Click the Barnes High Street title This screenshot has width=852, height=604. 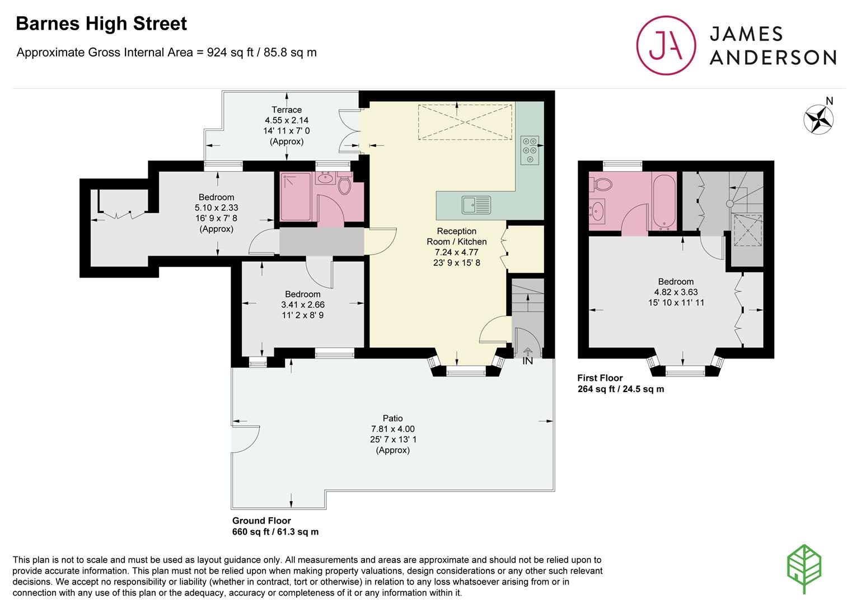pyautogui.click(x=101, y=23)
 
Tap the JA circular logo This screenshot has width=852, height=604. pyautogui.click(x=666, y=45)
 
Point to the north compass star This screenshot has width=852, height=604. pyautogui.click(x=818, y=119)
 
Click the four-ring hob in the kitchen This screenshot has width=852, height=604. pyautogui.click(x=530, y=150)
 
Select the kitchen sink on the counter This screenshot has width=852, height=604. pyautogui.click(x=476, y=205)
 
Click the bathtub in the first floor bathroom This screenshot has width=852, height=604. pyautogui.click(x=664, y=201)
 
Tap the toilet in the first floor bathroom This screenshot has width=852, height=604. pyautogui.click(x=601, y=185)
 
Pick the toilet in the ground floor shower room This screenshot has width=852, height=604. pyautogui.click(x=345, y=185)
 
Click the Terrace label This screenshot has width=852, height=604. pyautogui.click(x=287, y=110)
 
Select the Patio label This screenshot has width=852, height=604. pyautogui.click(x=392, y=418)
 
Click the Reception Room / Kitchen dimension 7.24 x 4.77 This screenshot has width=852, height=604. pyautogui.click(x=456, y=252)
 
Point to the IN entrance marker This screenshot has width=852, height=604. pyautogui.click(x=527, y=360)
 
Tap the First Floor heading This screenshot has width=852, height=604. pyautogui.click(x=600, y=378)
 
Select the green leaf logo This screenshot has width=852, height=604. pyautogui.click(x=804, y=568)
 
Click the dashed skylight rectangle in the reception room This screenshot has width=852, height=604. pyautogui.click(x=465, y=122)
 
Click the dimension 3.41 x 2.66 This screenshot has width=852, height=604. pyautogui.click(x=303, y=304)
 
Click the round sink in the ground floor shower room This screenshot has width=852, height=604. pyautogui.click(x=325, y=177)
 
